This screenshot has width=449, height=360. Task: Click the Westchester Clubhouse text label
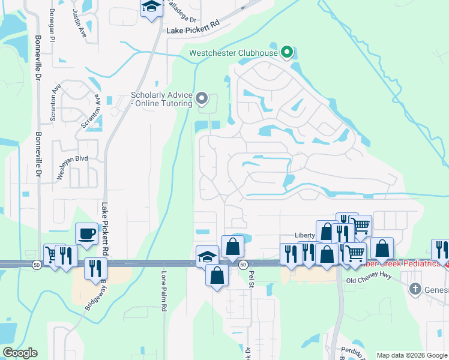234,53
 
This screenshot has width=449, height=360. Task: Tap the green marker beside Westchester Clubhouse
286,53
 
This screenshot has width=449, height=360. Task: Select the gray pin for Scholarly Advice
202,97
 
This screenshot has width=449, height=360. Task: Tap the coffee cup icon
86,234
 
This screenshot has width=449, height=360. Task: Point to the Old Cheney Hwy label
368,280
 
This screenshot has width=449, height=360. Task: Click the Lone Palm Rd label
163,292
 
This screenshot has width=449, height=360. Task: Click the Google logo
19,353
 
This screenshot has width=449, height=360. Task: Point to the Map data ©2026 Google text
412,355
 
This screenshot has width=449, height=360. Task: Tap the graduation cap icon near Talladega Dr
151,8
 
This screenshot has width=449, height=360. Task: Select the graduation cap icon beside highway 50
206,256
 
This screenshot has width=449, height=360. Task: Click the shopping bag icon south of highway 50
217,277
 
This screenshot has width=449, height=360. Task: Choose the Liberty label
305,235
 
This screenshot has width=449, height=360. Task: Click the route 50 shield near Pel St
243,264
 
